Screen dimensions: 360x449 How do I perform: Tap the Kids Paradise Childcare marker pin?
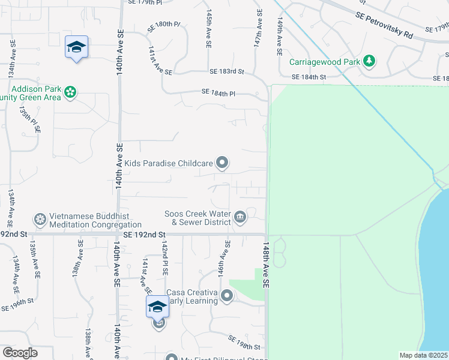[x=222, y=163]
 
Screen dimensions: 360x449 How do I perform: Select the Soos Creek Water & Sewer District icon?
[x=240, y=217]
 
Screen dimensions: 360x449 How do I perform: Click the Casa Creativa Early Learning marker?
[x=227, y=296]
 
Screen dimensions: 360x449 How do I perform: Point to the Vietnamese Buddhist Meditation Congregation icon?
[x=40, y=220]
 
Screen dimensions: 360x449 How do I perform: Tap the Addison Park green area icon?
[x=71, y=92]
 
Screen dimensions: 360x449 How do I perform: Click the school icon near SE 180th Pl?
[x=77, y=47]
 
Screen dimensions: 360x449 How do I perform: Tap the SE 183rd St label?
[x=227, y=71]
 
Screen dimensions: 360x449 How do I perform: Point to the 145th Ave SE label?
[x=208, y=28]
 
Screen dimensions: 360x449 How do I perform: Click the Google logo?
[x=20, y=353]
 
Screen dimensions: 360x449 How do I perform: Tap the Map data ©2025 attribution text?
[x=423, y=355]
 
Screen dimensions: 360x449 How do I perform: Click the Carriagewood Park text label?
[x=325, y=61]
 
